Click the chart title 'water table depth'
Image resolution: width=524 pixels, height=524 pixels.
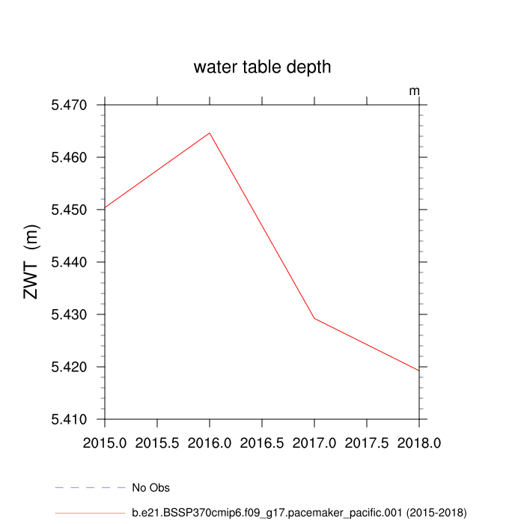pos(262,67)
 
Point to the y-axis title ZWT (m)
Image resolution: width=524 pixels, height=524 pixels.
pos(31,262)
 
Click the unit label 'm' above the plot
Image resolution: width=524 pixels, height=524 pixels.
pos(414,91)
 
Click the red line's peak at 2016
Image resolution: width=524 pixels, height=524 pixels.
pos(210,133)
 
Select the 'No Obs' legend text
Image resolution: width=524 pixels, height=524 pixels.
pos(150,488)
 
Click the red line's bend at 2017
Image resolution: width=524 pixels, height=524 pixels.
pos(314,318)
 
